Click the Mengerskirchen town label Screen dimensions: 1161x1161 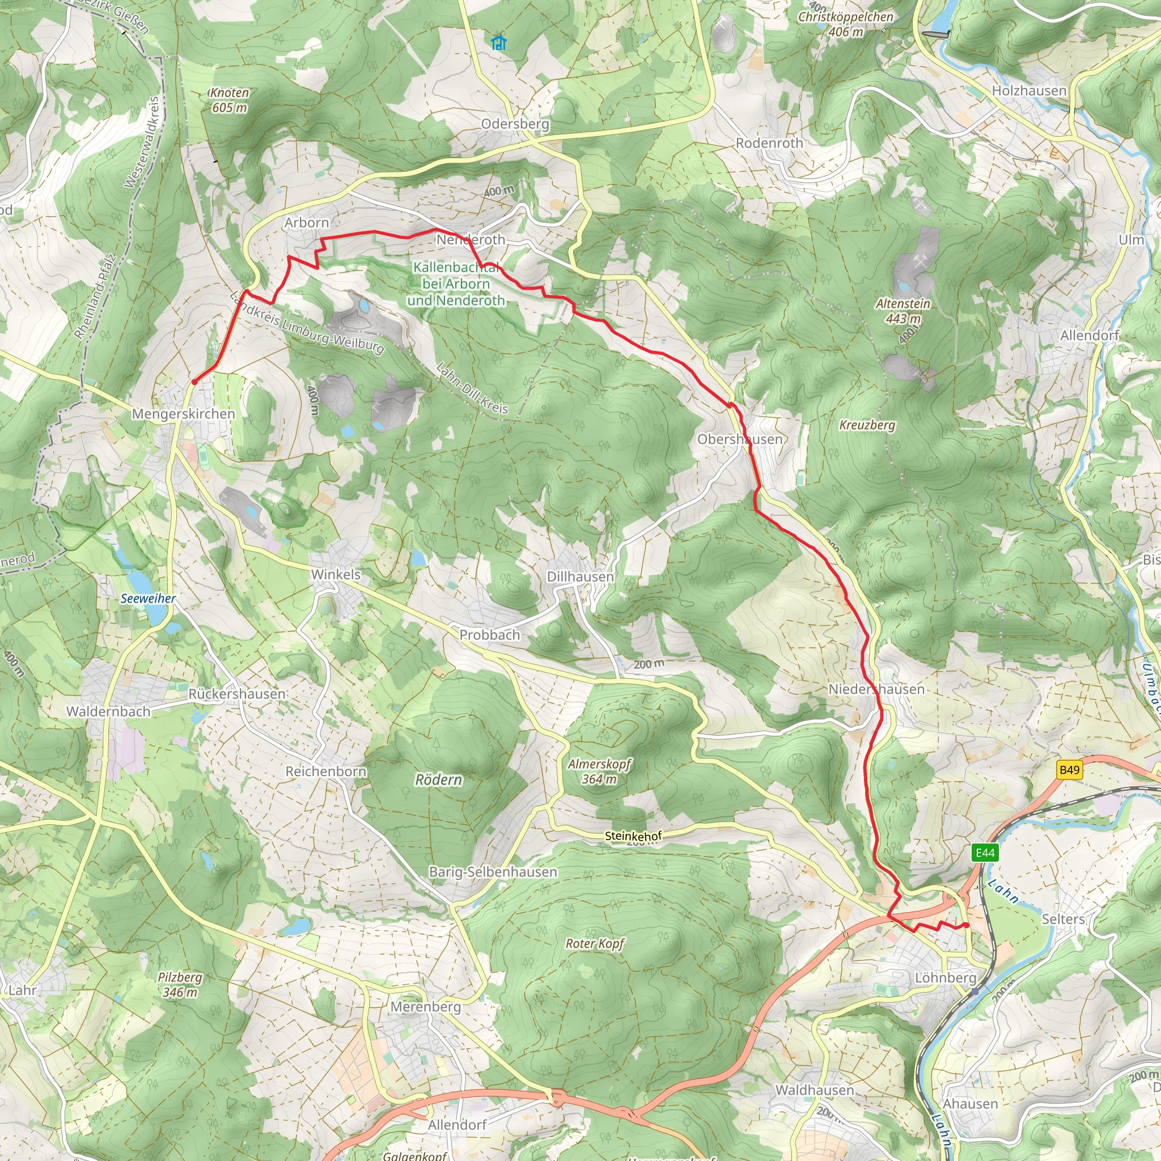click(x=183, y=413)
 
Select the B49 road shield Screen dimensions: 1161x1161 click(x=1070, y=770)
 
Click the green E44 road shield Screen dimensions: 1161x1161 click(x=985, y=853)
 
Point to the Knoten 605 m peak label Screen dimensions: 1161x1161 click(x=229, y=100)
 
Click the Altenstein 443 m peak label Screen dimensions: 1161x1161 click(x=902, y=311)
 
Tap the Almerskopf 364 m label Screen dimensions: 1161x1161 click(x=599, y=772)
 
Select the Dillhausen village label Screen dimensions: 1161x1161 click(x=580, y=577)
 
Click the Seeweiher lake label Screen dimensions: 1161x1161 click(x=148, y=599)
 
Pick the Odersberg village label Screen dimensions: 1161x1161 click(x=515, y=124)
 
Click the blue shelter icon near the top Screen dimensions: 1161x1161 click(x=498, y=43)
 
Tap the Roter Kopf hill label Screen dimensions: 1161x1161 click(x=595, y=943)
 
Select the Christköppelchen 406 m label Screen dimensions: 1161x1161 click(x=845, y=24)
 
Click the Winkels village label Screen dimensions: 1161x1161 click(x=336, y=574)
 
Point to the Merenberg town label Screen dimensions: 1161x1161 click(x=426, y=1006)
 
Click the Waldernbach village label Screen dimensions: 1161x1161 click(x=108, y=711)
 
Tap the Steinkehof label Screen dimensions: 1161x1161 click(x=633, y=836)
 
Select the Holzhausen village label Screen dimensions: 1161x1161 click(x=1029, y=91)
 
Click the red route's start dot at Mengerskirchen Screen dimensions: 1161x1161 click(x=194, y=382)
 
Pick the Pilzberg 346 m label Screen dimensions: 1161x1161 click(x=180, y=984)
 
